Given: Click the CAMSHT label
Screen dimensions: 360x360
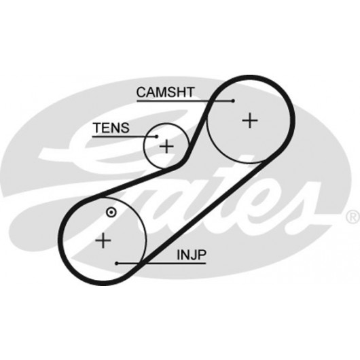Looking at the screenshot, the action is (165, 92).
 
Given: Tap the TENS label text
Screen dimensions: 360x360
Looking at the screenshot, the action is (111, 128).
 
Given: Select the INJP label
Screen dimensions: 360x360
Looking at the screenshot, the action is (192, 255).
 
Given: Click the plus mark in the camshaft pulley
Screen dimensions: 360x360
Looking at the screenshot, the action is (250, 120).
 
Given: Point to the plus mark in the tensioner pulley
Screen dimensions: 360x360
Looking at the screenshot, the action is (166, 146).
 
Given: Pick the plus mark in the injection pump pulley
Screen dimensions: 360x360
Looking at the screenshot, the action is (103, 240).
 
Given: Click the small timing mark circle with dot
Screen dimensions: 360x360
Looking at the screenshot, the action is (111, 213).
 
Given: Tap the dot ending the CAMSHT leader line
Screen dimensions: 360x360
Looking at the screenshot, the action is (233, 101).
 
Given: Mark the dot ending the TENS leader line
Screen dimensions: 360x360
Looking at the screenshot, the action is (157, 137).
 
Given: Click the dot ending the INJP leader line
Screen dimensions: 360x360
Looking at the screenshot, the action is (117, 264).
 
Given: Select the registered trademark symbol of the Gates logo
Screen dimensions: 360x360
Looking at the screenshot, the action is (353, 217).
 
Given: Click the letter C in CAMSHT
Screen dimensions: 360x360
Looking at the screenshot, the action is (141, 92).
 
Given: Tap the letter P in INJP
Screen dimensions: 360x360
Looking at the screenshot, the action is (202, 255).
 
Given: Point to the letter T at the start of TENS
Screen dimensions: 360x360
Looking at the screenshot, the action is (97, 128).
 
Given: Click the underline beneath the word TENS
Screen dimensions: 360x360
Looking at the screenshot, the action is (124, 137).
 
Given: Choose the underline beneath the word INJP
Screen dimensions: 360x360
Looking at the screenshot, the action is (161, 264).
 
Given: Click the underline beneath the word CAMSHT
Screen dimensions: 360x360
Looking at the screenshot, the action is (185, 101).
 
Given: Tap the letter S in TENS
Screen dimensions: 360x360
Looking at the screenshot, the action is (125, 128).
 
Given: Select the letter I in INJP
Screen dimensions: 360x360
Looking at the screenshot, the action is (178, 255).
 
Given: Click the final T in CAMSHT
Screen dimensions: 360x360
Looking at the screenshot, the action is (190, 92).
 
